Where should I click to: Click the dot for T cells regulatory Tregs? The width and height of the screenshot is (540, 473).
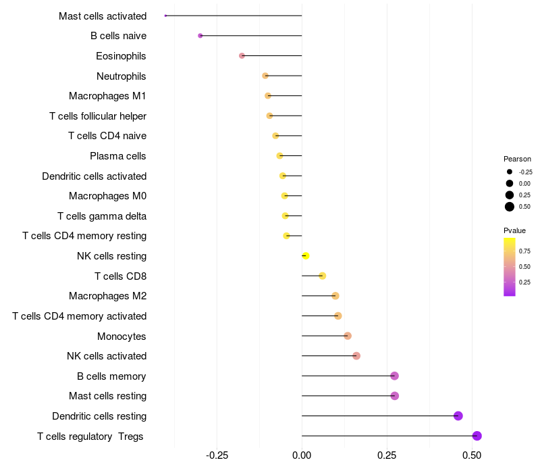pos(477,436)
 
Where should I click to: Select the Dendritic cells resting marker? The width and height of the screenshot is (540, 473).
pos(458,416)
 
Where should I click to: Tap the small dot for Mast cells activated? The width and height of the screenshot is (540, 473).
pos(165,16)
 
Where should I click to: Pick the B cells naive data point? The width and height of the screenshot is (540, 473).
pos(200,35)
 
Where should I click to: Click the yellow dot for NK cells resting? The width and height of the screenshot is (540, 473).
pos(306,256)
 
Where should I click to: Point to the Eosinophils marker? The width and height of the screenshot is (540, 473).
pos(242,55)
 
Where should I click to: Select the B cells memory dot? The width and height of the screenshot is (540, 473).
pos(395,376)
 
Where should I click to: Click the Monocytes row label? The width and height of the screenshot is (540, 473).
pos(122,336)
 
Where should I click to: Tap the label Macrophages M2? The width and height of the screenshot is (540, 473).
pos(107,296)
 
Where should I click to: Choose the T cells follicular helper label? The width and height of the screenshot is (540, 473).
pos(98,116)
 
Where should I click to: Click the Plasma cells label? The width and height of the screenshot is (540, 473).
pos(118,156)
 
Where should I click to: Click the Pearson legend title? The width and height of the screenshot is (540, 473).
pos(517,159)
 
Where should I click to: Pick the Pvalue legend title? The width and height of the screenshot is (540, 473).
pos(514,230)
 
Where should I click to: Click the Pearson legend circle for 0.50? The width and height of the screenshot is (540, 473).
pos(510,207)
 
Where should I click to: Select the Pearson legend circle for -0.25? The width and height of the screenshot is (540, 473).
pos(510,172)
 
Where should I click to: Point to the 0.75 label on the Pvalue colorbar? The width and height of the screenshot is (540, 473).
pos(524,251)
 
